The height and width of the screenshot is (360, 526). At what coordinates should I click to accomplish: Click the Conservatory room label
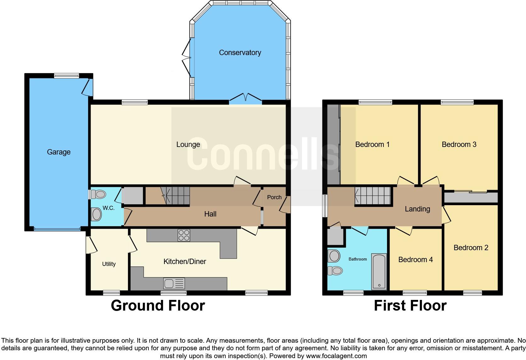pyautogui.click(x=240, y=53)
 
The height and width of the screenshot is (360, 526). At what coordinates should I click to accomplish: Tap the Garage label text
pyautogui.click(x=59, y=152)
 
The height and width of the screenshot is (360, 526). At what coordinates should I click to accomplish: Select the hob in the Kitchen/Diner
pyautogui.click(x=184, y=235)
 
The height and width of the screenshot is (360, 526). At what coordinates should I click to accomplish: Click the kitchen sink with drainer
pyautogui.click(x=174, y=284)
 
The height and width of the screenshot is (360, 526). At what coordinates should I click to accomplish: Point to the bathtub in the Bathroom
pyautogui.click(x=379, y=272)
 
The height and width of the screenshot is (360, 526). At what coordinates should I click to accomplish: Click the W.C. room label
pyautogui.click(x=108, y=208)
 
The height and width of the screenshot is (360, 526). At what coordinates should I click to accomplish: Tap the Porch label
pyautogui.click(x=274, y=197)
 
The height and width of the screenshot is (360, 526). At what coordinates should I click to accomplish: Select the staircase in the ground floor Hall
pyautogui.click(x=176, y=195)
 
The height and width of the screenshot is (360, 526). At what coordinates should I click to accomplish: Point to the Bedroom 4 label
pyautogui.click(x=415, y=260)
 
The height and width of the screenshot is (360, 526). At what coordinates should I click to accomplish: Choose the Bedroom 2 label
pyautogui.click(x=471, y=248)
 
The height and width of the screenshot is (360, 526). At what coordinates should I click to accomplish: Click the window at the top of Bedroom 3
pyautogui.click(x=457, y=102)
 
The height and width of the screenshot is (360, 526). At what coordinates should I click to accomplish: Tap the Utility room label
pyautogui.click(x=109, y=264)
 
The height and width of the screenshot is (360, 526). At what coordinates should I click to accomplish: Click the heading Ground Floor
pyautogui.click(x=158, y=306)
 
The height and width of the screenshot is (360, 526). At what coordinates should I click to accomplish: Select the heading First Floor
pyautogui.click(x=410, y=306)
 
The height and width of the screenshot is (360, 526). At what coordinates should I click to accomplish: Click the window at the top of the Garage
pyautogui.click(x=66, y=76)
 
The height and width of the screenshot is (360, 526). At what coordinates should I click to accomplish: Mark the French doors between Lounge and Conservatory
pyautogui.click(x=245, y=99)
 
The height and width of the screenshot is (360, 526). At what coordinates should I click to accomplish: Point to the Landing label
pyautogui.click(x=417, y=209)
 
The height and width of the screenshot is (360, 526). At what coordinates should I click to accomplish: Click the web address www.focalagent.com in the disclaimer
pyautogui.click(x=336, y=356)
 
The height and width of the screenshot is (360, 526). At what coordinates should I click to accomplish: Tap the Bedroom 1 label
pyautogui.click(x=372, y=144)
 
